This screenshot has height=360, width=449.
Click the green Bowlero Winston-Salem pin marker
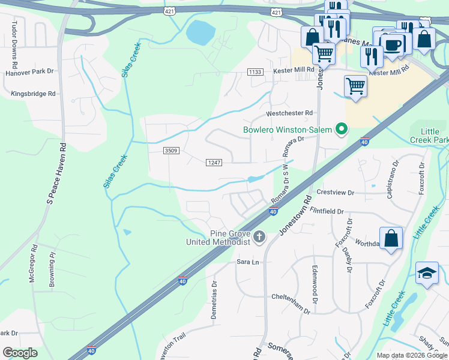point(342,129)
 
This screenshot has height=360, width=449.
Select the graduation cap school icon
point(427,273)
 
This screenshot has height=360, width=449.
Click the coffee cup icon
point(393,44)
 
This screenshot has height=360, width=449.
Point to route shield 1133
point(255,72)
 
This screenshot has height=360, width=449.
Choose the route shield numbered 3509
point(171,151)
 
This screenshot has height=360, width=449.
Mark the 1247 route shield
point(214,163)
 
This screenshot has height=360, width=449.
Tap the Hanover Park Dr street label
point(30,72)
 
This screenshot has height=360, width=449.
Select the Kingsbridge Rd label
point(33,94)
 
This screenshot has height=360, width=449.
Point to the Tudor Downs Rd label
point(13,44)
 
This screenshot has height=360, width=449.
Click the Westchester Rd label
point(290,113)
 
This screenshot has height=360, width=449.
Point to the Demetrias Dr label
point(213,300)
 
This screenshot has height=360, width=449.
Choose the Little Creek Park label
point(429,135)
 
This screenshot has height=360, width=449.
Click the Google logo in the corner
point(20,352)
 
